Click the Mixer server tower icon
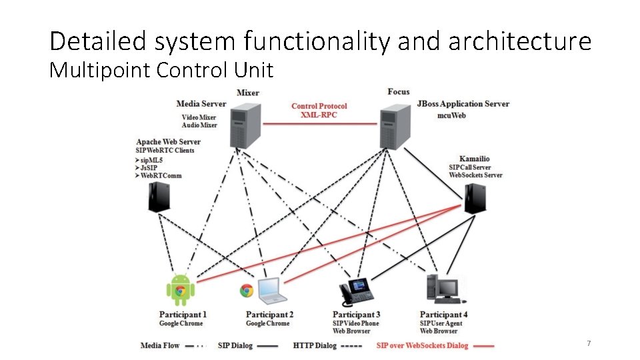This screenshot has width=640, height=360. click(245, 125)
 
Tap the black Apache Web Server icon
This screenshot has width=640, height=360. click(158, 197)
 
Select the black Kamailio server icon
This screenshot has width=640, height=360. click(474, 198)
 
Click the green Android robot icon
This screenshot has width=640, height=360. click(180, 290)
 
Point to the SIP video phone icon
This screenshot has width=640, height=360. click(357, 291)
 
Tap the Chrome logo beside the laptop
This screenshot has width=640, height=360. click(247, 290)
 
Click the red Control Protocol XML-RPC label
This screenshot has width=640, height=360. click(319, 110)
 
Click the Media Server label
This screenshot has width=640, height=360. click(201, 103)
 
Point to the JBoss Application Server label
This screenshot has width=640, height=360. click(463, 103)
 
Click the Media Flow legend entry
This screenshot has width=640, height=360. click(160, 345)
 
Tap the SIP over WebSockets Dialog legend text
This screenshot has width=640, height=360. click(422, 345)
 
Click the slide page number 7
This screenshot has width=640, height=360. click(589, 343)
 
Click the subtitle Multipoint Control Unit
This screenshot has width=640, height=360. click(161, 70)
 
